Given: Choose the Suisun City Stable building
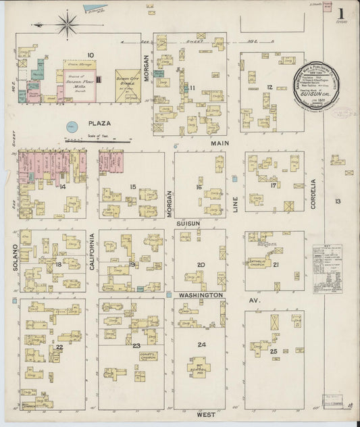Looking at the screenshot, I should (x=127, y=86).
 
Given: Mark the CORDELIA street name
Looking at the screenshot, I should (x=313, y=193).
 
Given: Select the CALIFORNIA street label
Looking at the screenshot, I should (x=92, y=252).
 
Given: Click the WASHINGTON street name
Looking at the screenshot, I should (x=201, y=295).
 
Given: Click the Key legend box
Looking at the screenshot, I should (x=327, y=268).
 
